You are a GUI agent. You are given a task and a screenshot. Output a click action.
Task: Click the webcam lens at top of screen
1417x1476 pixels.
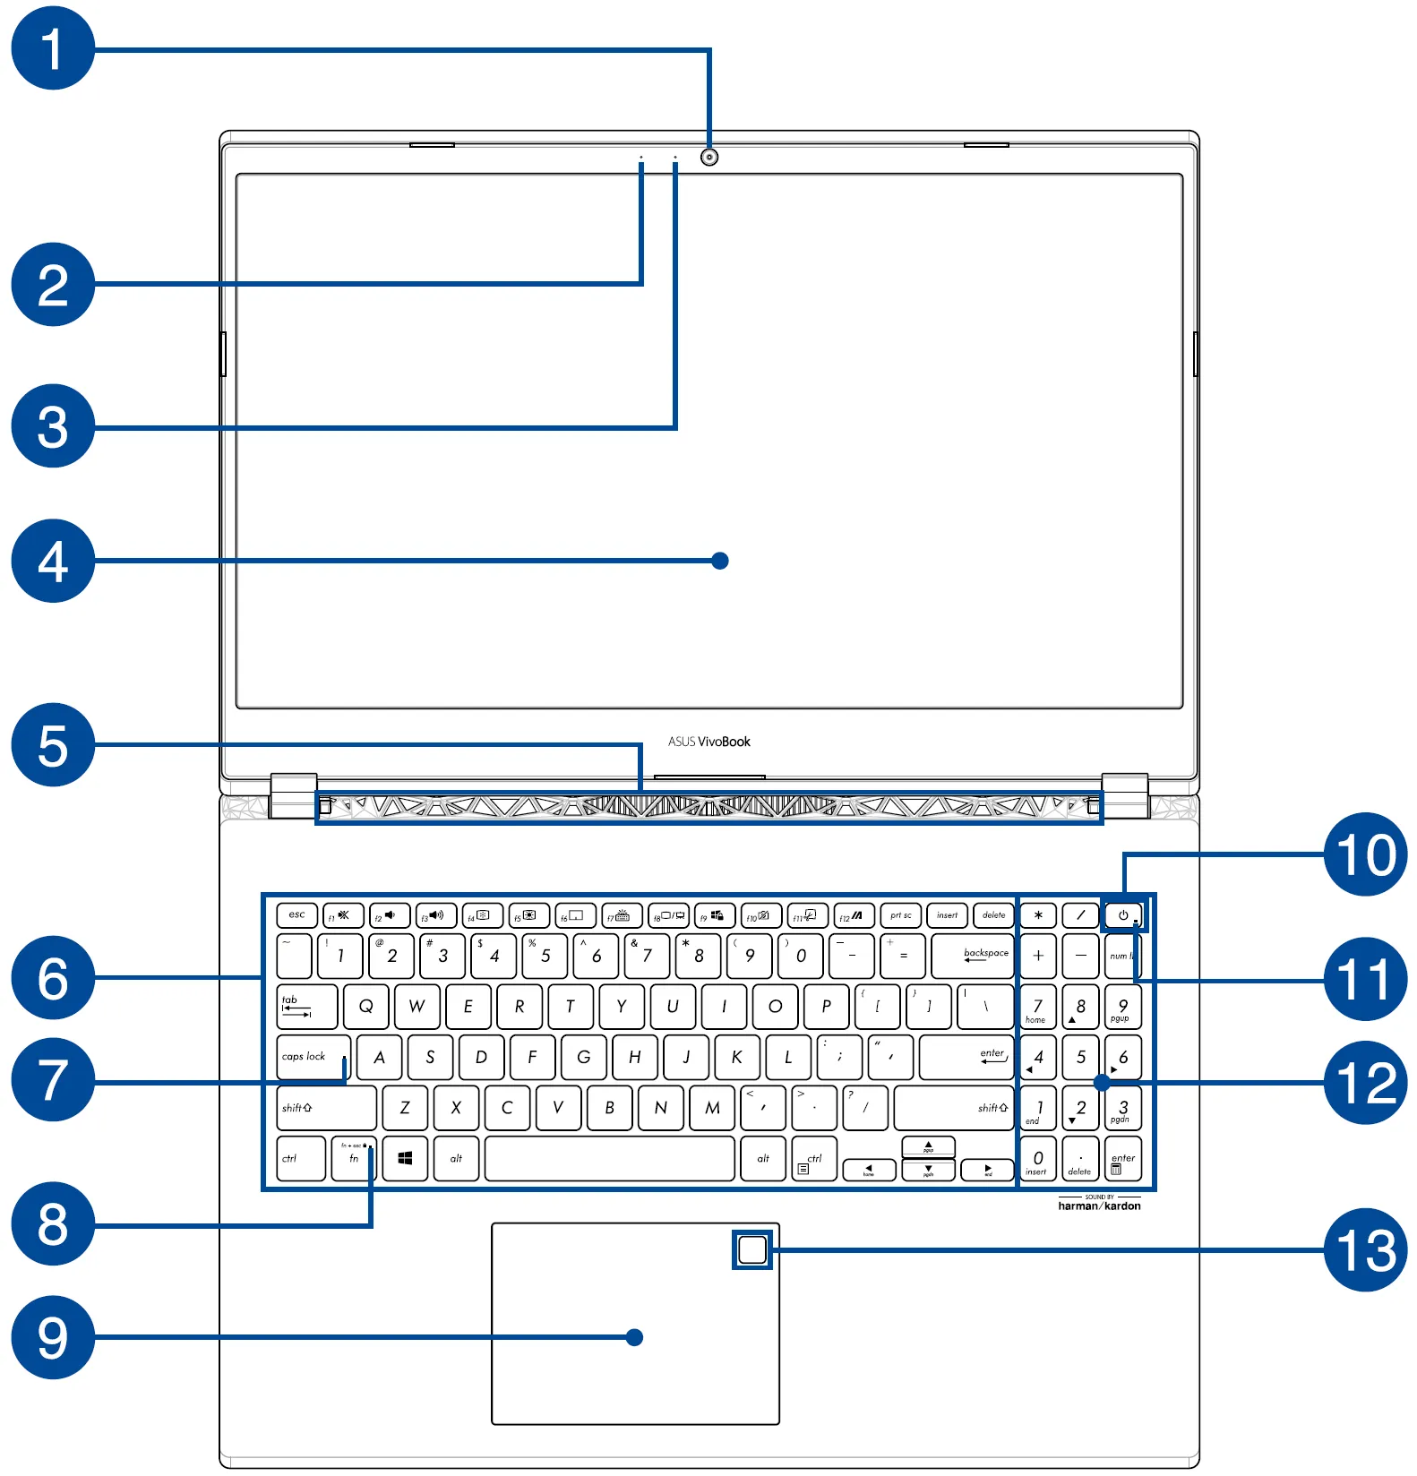tap(709, 157)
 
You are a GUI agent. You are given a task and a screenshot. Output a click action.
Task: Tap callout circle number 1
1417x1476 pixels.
tap(53, 48)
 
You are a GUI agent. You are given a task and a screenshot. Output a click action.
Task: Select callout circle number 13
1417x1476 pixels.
tap(1364, 1249)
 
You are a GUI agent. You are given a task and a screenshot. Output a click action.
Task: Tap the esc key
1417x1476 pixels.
tap(296, 915)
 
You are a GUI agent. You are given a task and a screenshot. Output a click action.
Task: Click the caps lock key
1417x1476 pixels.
tap(313, 1058)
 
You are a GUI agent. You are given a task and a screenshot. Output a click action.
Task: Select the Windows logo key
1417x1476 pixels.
tap(405, 1159)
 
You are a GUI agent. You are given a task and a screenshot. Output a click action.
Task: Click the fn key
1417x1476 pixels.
tap(354, 1159)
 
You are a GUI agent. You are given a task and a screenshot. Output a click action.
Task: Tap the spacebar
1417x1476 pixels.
tap(609, 1159)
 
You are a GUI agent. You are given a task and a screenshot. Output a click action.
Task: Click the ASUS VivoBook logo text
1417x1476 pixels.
tap(708, 742)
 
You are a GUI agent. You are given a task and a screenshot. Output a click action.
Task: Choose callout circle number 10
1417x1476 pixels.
tap(1364, 854)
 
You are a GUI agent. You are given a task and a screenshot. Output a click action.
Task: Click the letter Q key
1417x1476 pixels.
tap(365, 1007)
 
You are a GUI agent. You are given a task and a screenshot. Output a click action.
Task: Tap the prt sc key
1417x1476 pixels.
tap(900, 915)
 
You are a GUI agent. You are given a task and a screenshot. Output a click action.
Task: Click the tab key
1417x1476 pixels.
tap(306, 1007)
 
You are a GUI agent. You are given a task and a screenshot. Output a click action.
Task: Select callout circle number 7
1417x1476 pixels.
tap(53, 1079)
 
